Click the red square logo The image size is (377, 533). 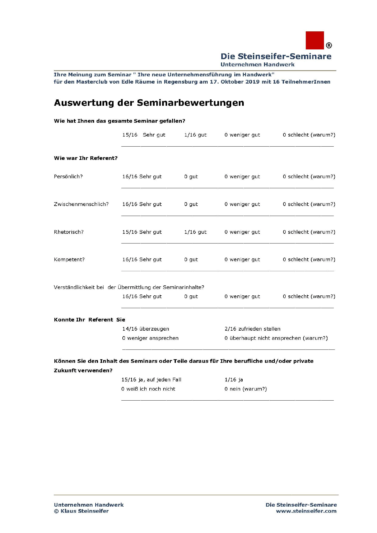315,40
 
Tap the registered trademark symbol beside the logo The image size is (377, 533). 329,45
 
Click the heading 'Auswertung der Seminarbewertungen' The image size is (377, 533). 149,103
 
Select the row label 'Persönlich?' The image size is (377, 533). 68,177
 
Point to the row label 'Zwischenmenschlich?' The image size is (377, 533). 81,204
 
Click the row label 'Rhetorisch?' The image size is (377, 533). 69,232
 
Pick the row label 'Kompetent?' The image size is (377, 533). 69,260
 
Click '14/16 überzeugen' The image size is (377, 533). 145,329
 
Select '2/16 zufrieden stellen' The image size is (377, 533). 252,329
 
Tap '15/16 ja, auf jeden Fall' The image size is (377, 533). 151,380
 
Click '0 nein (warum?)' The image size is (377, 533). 245,389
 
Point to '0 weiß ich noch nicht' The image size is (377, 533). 148,389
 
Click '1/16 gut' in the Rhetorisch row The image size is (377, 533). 195,232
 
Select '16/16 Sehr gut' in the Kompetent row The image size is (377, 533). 142,260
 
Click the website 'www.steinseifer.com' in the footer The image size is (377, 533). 306,511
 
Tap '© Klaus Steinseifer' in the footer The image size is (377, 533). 81,511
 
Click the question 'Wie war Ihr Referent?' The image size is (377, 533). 86,158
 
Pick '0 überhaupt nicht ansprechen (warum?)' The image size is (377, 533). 276,338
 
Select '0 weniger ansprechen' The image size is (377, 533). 150,338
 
